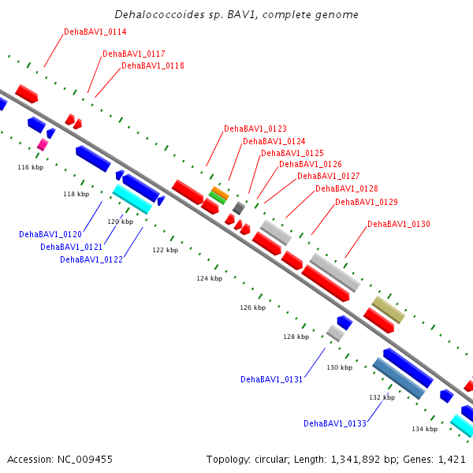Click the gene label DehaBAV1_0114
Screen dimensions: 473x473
pyautogui.click(x=95, y=32)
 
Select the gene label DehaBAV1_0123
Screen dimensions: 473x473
pyautogui.click(x=255, y=128)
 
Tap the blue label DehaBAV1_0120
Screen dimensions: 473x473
pyautogui.click(x=50, y=234)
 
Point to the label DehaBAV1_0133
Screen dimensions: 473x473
pyautogui.click(x=335, y=423)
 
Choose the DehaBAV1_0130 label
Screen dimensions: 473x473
pyautogui.click(x=399, y=224)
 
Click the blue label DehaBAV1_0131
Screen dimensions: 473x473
pyautogui.click(x=271, y=379)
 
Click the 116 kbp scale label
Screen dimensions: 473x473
pyautogui.click(x=31, y=167)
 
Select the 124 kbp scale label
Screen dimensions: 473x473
pyautogui.click(x=210, y=278)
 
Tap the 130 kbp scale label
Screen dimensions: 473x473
pyautogui.click(x=339, y=367)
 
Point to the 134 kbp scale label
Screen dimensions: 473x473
pyautogui.click(x=425, y=429)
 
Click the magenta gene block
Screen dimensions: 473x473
pyautogui.click(x=43, y=144)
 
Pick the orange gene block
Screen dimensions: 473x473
pyautogui.click(x=221, y=193)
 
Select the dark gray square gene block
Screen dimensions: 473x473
pyautogui.click(x=239, y=208)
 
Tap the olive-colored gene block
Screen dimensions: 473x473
pyautogui.click(x=388, y=310)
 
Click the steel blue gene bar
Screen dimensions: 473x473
pyautogui.click(x=399, y=378)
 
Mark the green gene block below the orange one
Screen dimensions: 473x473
pyautogui.click(x=218, y=198)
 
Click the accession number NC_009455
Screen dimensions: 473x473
pyautogui.click(x=85, y=460)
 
